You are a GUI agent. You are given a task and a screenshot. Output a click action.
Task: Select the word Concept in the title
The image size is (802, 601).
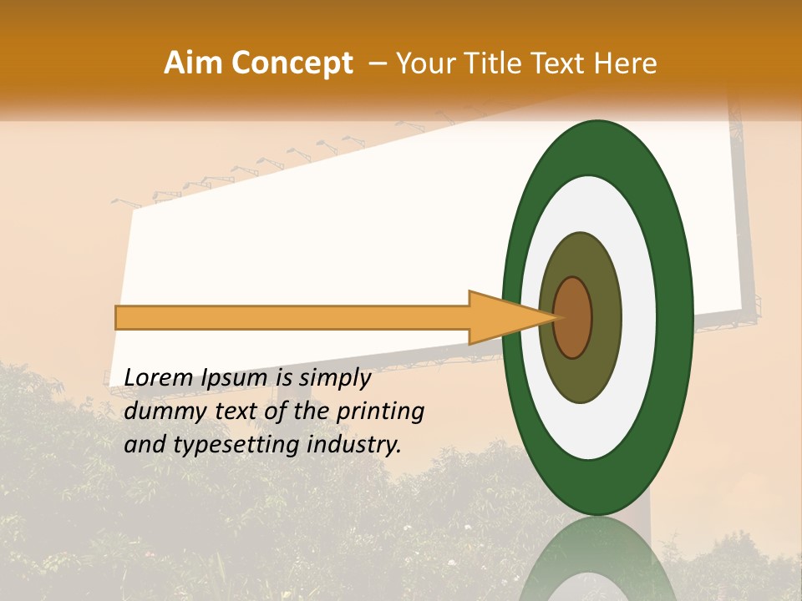(x=292, y=63)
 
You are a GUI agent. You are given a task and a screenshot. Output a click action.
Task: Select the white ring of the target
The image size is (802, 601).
(x=638, y=318)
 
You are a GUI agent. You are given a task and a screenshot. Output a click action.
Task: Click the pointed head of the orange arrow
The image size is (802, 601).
(x=510, y=318)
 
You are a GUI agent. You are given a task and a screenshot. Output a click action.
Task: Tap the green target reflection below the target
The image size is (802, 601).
(x=598, y=563)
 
